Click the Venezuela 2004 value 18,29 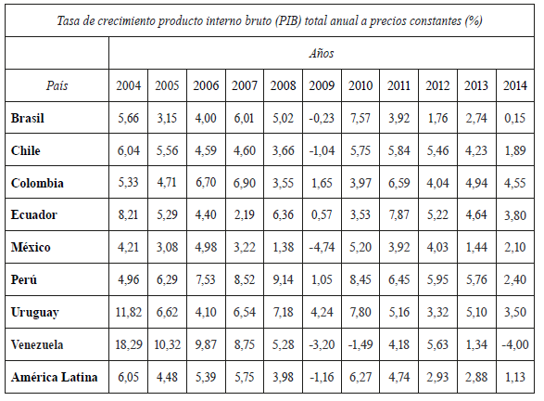point(129,344)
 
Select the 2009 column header point(322,86)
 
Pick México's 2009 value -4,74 point(322,248)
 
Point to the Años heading point(322,54)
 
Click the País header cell point(57,86)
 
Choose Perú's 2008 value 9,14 point(283,280)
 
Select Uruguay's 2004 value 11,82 point(129,312)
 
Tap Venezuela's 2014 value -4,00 point(513,344)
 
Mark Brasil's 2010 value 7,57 point(361,119)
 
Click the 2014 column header point(514,86)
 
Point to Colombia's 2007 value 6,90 point(245,183)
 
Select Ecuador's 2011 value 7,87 point(399,215)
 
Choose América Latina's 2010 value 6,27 point(361,376)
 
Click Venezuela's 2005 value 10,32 point(167,344)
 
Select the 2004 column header point(129,86)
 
